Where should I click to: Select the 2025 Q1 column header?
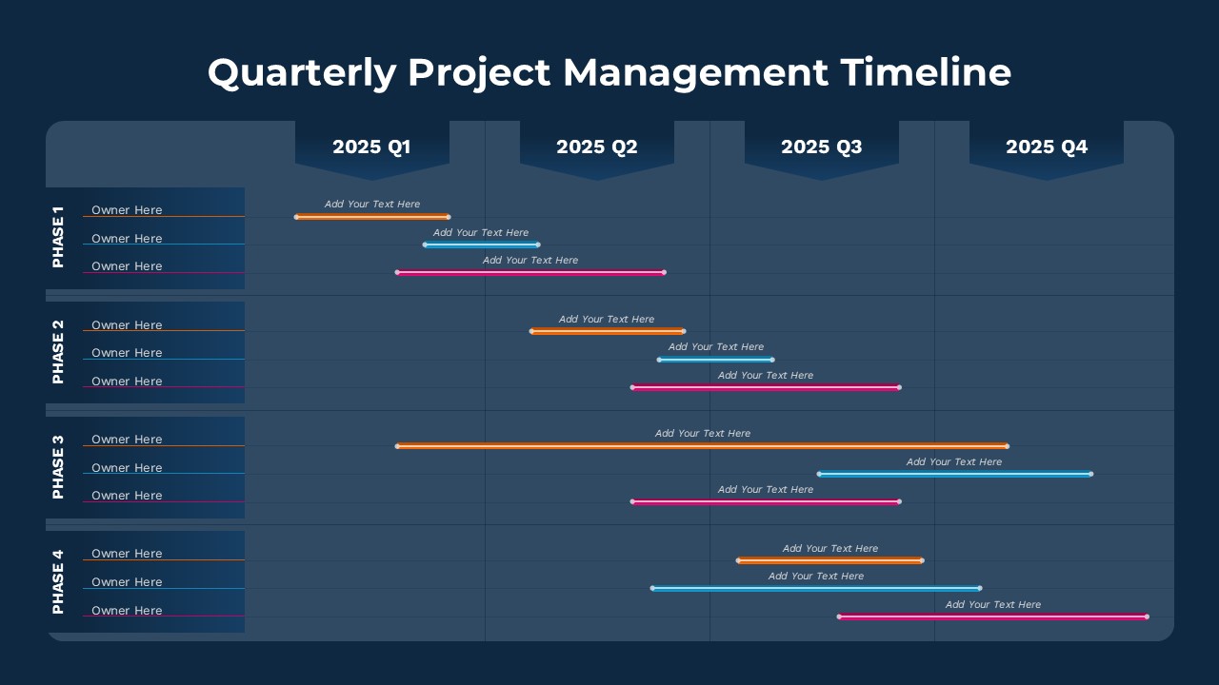pos(371,147)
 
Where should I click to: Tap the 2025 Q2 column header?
pos(597,147)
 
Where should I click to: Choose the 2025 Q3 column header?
pos(822,147)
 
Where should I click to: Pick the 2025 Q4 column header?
pos(1047,147)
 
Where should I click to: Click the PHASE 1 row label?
pos(58,237)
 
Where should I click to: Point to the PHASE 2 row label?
pos(58,352)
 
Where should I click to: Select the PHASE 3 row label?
pos(58,467)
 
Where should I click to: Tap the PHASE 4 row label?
pos(58,581)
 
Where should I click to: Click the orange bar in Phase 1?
pos(372,217)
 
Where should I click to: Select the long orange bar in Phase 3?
pos(702,445)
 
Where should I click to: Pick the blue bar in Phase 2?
pos(715,360)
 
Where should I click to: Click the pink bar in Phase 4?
pos(992,616)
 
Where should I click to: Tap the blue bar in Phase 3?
pos(954,474)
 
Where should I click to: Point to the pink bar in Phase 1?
pos(530,273)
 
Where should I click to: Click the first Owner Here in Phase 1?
pos(127,210)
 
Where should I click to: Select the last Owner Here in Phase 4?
pos(127,611)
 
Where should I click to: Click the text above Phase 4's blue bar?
pos(816,576)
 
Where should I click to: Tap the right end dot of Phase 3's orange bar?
pos(1007,445)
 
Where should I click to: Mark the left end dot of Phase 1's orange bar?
pos(296,217)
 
